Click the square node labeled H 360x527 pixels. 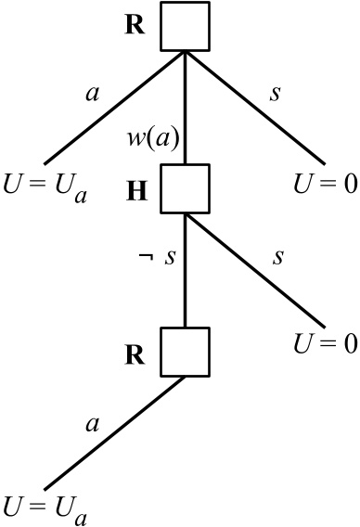click(x=185, y=188)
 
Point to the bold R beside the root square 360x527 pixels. click(x=135, y=25)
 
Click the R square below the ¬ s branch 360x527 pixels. click(x=185, y=350)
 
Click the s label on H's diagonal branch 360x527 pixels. click(x=277, y=256)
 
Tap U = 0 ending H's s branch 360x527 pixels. click(x=324, y=343)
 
